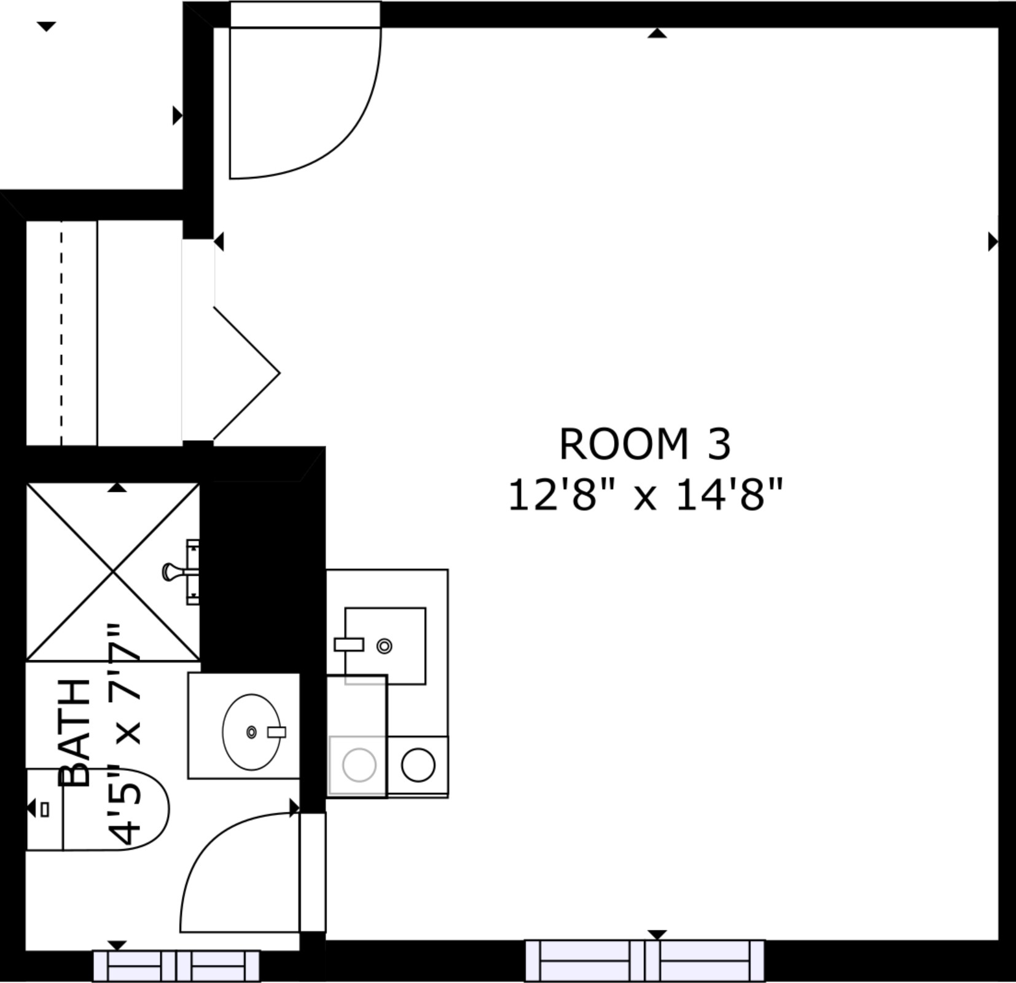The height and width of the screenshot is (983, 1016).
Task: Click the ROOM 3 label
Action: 645,444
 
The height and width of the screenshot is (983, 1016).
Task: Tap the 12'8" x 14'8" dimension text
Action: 645,495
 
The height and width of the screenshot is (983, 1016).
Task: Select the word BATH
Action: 75,733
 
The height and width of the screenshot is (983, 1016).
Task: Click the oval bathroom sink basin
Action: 251,732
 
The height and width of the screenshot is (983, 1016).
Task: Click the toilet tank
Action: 44,809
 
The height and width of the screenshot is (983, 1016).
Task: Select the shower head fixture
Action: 181,572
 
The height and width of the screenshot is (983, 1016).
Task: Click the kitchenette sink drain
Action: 385,646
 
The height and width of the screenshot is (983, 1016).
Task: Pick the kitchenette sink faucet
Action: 349,644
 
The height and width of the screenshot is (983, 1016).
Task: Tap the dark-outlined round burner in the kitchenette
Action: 418,765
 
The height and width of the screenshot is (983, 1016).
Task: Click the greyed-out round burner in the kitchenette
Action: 359,765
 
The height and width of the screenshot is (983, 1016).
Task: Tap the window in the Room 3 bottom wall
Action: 645,961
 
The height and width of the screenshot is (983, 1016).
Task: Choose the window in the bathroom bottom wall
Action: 176,966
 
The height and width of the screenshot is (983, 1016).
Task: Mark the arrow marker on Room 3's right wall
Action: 993,242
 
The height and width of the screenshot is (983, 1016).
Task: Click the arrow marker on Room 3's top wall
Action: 657,33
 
